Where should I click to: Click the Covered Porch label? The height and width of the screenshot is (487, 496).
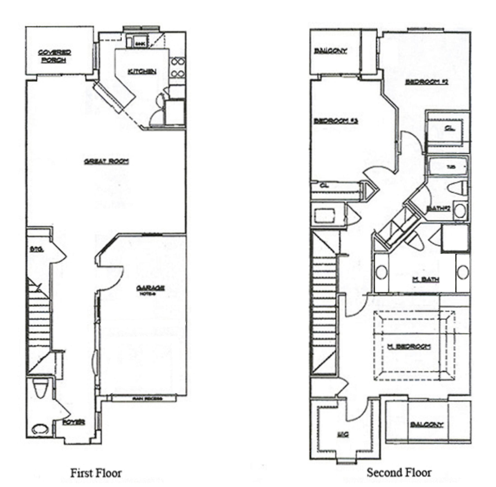click(x=54, y=56)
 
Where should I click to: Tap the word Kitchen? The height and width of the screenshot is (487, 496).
click(x=142, y=72)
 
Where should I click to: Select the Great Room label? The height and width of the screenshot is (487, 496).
click(x=106, y=162)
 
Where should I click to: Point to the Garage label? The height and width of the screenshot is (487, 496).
click(x=150, y=288)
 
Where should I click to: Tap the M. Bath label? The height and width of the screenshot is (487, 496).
click(x=426, y=280)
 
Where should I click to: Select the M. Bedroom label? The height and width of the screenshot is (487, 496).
click(x=408, y=347)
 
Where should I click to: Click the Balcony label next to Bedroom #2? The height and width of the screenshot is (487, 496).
click(x=330, y=51)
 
